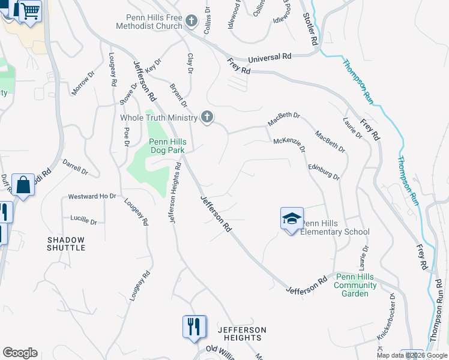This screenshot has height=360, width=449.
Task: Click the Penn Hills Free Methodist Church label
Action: click(154, 22)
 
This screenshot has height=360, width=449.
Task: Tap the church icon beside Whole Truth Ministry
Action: click(208, 118)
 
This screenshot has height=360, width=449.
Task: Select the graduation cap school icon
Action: click(291, 218)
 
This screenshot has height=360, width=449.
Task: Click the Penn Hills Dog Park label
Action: click(167, 146)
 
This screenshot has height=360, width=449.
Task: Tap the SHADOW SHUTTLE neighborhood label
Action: click(66, 244)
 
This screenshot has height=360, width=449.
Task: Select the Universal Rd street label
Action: click(270, 57)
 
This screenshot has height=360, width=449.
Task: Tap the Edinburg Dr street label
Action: click(324, 172)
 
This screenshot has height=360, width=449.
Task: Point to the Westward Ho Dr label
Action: click(92, 196)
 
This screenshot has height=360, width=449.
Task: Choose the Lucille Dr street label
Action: click(83, 220)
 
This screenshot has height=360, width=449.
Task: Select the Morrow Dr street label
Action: click(83, 84)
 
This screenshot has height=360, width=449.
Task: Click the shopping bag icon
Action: click(23, 186)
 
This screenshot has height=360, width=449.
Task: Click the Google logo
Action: click(20, 353)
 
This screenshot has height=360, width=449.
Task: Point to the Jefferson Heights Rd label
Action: click(175, 193)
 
